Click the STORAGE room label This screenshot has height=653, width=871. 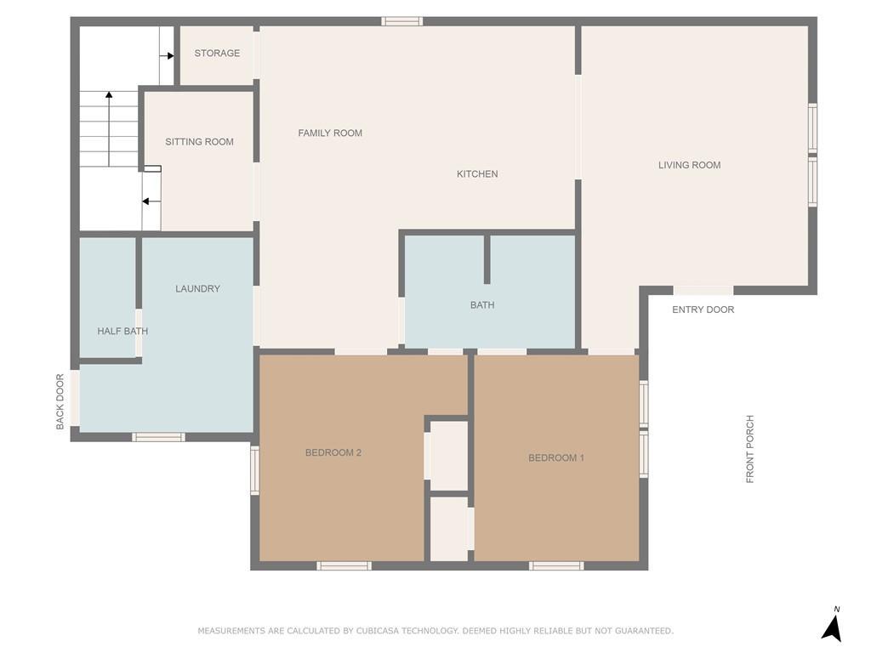click(217, 54)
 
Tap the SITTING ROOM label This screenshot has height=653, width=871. click(199, 142)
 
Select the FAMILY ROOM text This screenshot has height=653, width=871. click(330, 133)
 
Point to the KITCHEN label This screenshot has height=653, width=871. click(477, 174)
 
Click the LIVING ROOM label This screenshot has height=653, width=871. click(689, 166)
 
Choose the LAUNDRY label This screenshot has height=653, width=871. click(197, 289)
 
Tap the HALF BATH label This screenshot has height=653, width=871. click(122, 332)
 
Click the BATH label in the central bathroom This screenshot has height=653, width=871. click(482, 305)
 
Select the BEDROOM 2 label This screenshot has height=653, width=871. click(333, 453)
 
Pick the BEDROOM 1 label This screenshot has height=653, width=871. click(556, 458)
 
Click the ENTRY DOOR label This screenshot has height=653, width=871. click(703, 309)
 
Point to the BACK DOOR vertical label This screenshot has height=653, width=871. click(60, 402)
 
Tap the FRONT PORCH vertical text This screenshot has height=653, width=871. click(750, 449)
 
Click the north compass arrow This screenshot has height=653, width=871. click(832, 628)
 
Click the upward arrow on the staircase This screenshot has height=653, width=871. click(109, 129)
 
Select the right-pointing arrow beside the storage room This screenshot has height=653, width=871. click(167, 55)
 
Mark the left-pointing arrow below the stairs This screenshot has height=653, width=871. click(151, 201)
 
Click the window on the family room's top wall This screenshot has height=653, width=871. click(402, 21)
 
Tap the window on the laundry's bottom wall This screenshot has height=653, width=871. click(158, 438)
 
